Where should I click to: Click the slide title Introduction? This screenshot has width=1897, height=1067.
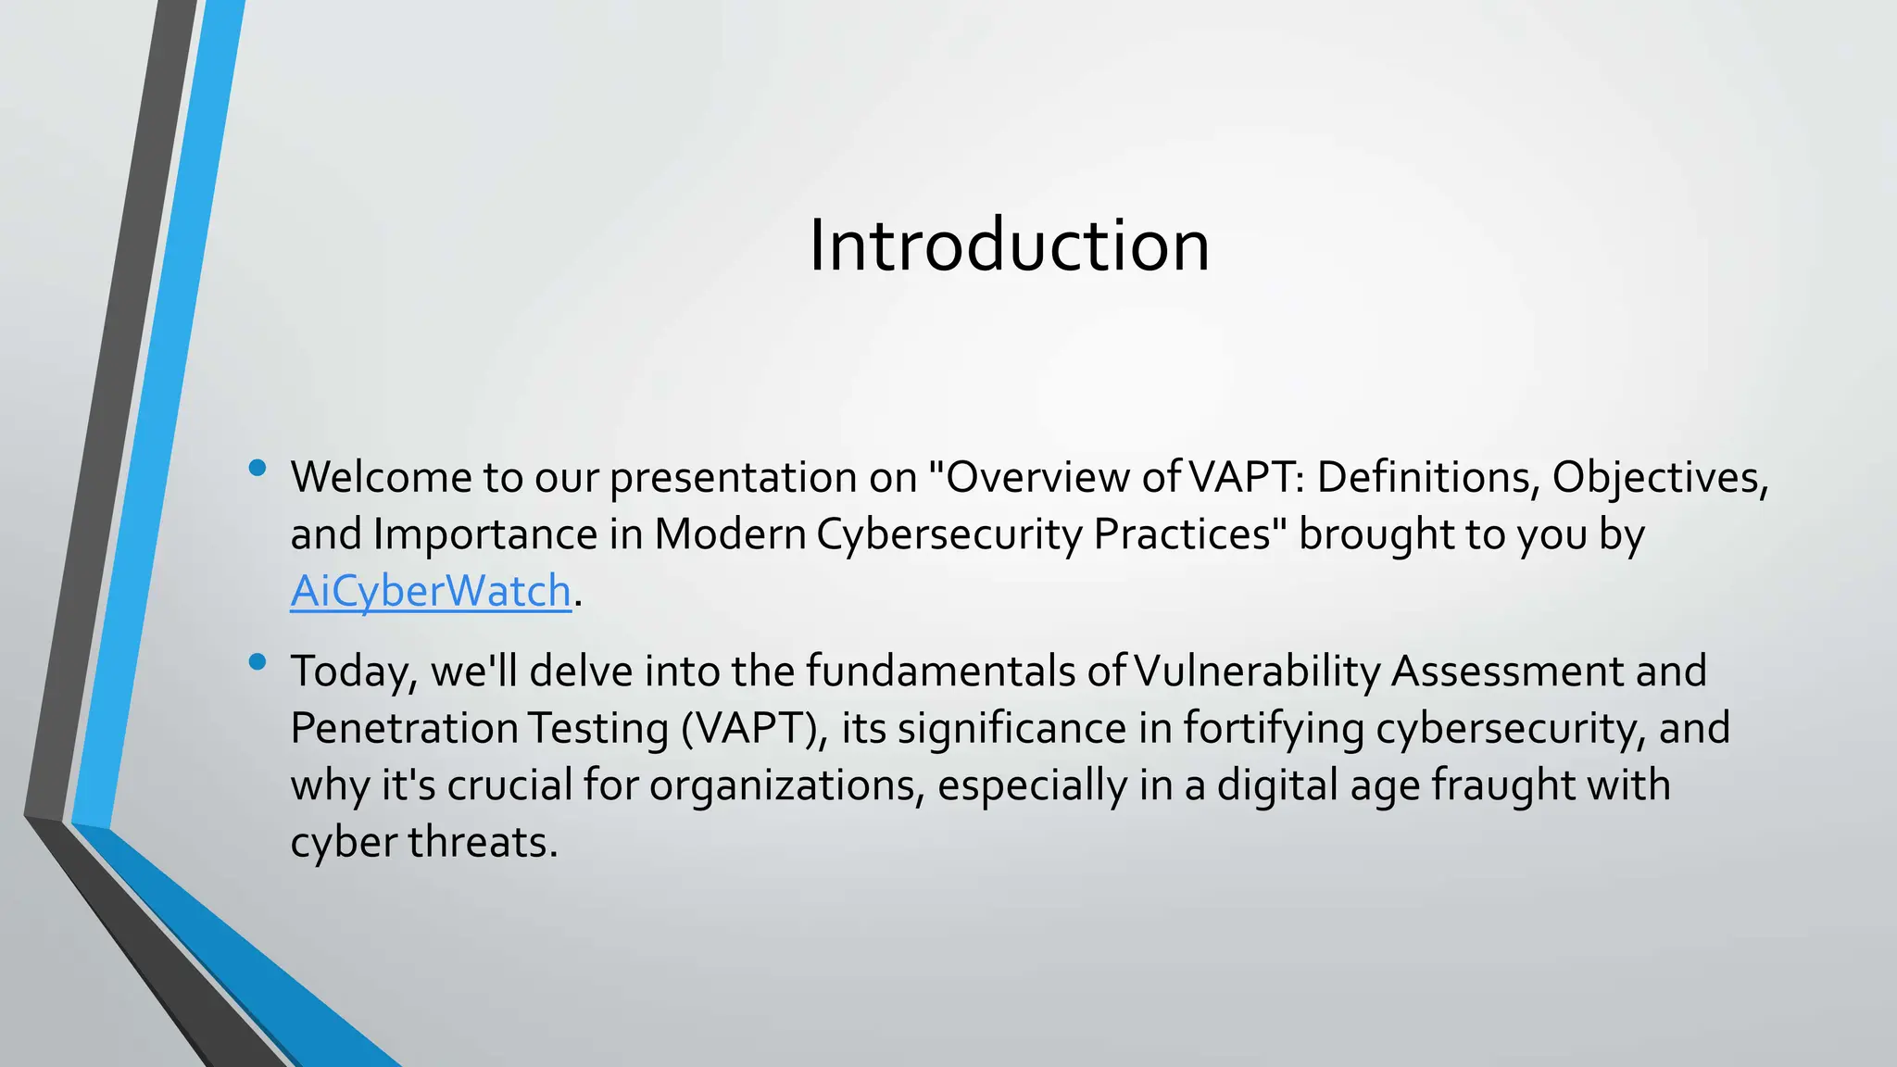coord(1009,245)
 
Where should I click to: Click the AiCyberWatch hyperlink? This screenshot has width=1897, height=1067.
coord(431,591)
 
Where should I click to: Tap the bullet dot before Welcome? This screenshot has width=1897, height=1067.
coord(258,468)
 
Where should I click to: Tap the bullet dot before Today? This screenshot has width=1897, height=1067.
coord(258,661)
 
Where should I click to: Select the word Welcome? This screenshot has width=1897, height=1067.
coord(381,477)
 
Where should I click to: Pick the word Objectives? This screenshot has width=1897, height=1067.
coord(1658,477)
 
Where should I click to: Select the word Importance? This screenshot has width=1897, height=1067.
coord(485,534)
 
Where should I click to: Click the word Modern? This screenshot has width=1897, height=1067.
coord(730,534)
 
